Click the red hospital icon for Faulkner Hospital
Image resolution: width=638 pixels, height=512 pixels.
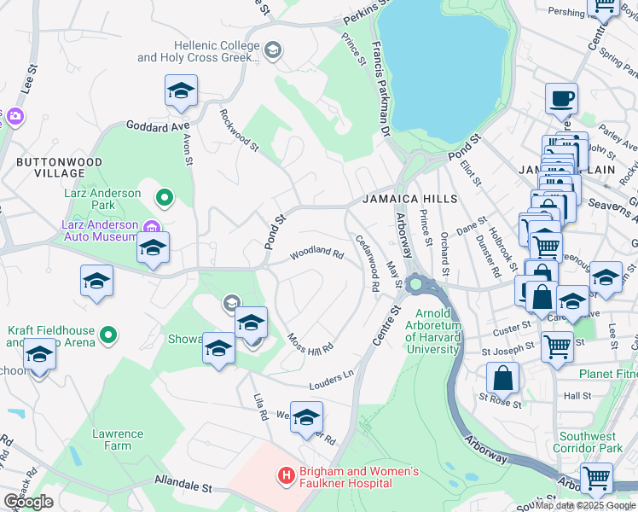tap(286, 474)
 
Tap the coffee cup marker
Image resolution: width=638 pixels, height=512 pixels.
tap(561, 99)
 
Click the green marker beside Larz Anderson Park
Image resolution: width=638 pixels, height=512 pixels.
tap(165, 200)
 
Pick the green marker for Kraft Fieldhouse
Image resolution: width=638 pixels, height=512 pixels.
tap(108, 335)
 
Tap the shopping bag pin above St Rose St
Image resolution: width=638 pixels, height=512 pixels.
tap(503, 377)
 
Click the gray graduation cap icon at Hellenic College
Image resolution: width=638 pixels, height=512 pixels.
tap(272, 50)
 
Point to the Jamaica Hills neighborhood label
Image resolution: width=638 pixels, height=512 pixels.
tap(409, 199)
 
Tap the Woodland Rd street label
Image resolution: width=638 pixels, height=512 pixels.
tap(316, 254)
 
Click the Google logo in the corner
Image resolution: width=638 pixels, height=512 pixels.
tap(28, 502)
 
